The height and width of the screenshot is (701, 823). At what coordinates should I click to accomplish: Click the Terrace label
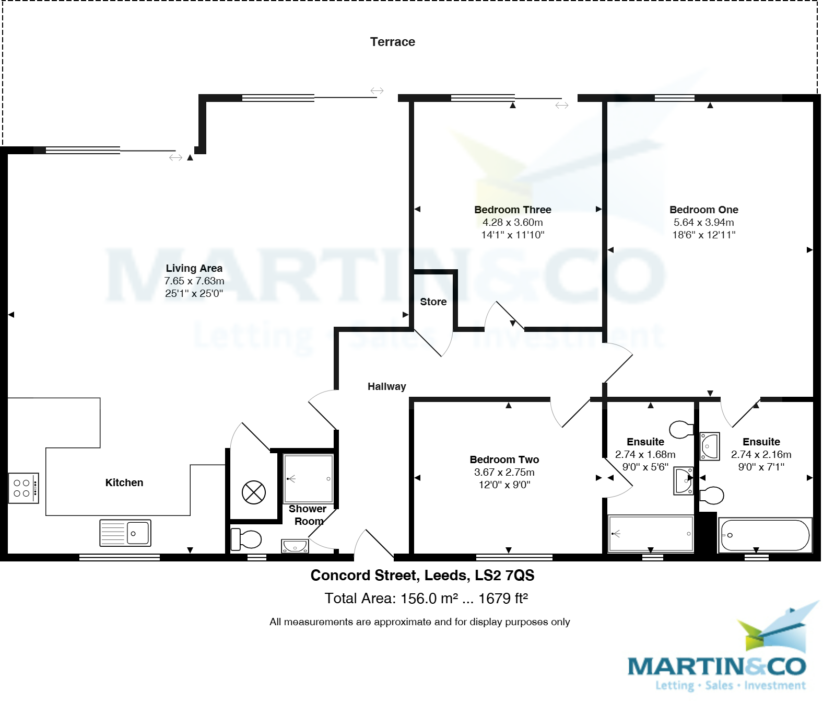coord(392,42)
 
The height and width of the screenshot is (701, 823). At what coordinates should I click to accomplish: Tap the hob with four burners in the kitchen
coord(23,488)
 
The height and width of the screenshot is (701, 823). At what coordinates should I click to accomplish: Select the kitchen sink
coord(125,533)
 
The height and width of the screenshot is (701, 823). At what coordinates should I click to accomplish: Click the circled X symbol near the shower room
coord(254,492)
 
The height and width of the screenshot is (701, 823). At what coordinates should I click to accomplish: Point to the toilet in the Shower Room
coord(246,539)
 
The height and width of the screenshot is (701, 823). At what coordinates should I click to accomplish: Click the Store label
coord(433,302)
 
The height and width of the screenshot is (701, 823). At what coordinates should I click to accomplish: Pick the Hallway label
coord(386,386)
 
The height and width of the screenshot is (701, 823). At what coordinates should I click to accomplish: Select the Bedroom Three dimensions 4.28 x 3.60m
coord(512,222)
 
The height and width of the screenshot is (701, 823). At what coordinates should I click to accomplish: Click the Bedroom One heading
coord(703,210)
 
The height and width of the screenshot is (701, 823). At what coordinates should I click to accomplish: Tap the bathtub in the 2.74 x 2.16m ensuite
coord(765,535)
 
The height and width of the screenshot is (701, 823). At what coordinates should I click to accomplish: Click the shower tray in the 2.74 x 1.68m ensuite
coord(651,534)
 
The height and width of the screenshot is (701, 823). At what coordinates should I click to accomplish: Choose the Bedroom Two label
coord(504,459)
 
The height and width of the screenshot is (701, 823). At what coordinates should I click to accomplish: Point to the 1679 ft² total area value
coord(503,599)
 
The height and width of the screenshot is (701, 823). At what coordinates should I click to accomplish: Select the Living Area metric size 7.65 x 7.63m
coord(194,281)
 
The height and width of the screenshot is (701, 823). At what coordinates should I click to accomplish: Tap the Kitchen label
coord(124,482)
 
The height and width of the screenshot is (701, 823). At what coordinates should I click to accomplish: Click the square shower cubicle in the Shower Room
coord(308,478)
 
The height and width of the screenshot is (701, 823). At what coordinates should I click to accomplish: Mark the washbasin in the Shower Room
coord(295,546)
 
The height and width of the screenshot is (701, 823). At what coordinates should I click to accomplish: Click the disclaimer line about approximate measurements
coord(419,622)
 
